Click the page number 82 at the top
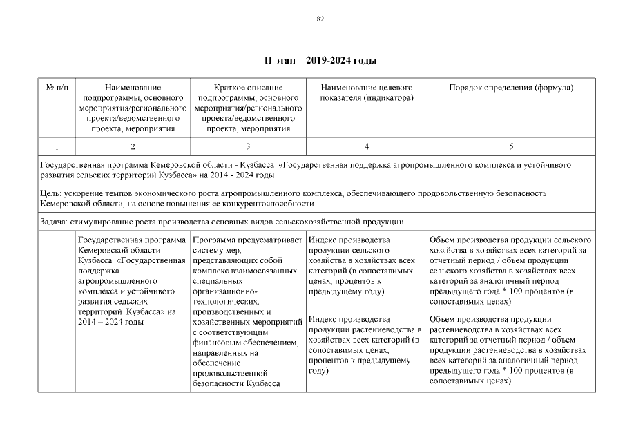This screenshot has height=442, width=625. [x=320, y=19]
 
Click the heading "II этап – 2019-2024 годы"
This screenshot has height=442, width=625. [x=320, y=61]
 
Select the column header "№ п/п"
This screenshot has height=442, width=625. [x=56, y=88]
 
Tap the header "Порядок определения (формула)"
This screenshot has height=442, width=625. [x=511, y=88]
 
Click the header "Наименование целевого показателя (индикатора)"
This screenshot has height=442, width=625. [x=366, y=93]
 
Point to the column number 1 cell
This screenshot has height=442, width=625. [x=56, y=146]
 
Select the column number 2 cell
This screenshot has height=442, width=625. [x=133, y=146]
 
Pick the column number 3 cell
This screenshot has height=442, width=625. [x=248, y=146]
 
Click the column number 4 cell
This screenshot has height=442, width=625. [x=366, y=146]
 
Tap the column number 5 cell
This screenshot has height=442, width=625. [x=511, y=146]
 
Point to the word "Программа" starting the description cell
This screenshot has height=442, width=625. [x=216, y=240]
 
